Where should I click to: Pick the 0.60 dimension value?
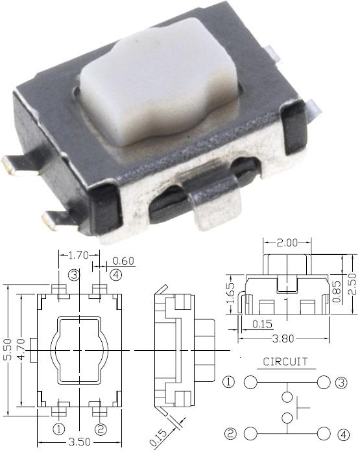click(x=123, y=261)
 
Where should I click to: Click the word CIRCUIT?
click(x=285, y=362)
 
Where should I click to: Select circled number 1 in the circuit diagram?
click(x=229, y=383)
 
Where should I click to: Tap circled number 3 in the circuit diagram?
click(x=341, y=383)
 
